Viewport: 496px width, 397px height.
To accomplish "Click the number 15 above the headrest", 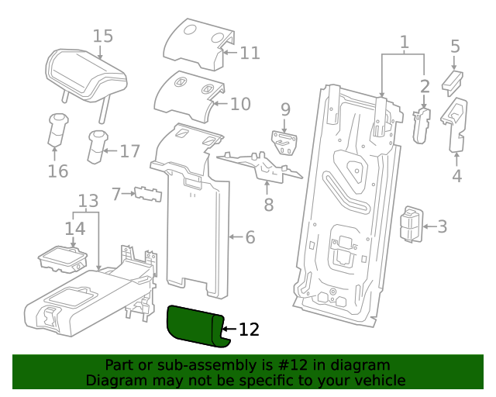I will pos(103,36).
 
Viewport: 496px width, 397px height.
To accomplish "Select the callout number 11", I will pos(250,53).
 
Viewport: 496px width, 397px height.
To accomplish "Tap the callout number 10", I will pos(241,104).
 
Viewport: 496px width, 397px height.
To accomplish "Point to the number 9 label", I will pos(285,109).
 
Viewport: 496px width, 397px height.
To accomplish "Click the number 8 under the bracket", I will pos(268,205).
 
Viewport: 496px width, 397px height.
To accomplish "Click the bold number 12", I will pos(249,330).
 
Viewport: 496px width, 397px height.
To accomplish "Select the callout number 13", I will pos(89,202).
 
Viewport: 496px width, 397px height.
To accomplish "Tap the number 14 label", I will pos(74,229).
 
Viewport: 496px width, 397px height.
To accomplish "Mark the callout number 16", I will pos(58,171).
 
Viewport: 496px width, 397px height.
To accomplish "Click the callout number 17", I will pos(129,150).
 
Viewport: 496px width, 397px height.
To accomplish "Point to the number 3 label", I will pos(442,226).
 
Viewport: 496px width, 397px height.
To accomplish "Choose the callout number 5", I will pos(455,47).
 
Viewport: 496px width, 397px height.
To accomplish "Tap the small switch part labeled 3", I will pos(411,224).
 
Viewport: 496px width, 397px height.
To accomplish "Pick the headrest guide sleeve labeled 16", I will pos(57,129).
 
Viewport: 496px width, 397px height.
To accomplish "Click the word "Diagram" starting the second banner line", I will pos(115,380).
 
